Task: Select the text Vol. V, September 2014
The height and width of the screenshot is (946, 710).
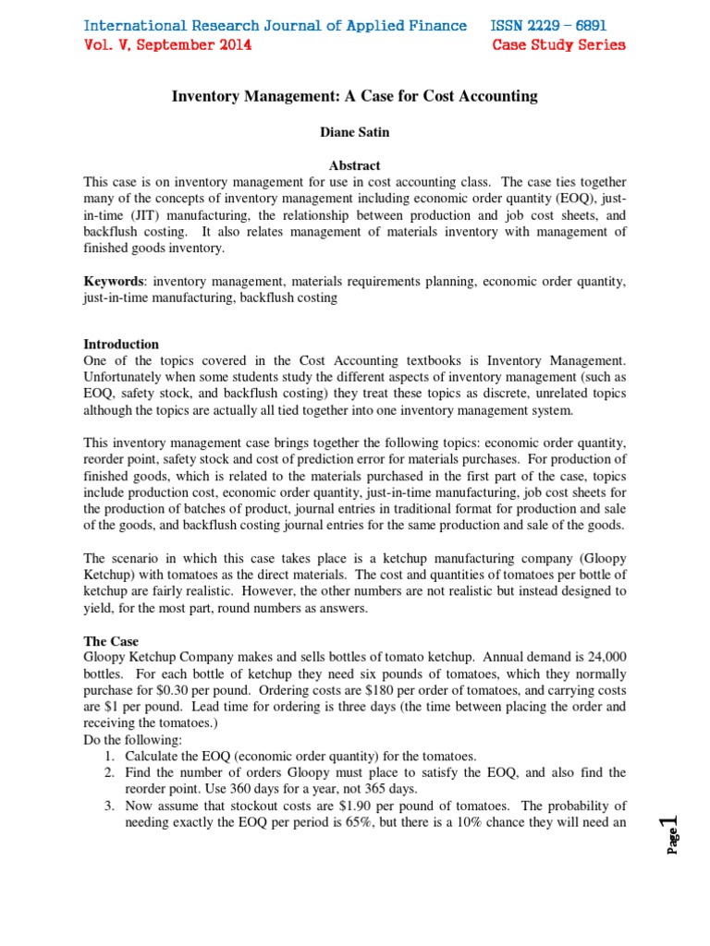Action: click(x=167, y=44)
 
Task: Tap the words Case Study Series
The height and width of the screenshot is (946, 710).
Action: click(x=558, y=44)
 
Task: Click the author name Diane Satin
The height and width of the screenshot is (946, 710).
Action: click(x=354, y=132)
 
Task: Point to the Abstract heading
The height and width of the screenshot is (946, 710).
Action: click(x=354, y=165)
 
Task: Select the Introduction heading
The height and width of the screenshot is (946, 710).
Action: click(x=121, y=344)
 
